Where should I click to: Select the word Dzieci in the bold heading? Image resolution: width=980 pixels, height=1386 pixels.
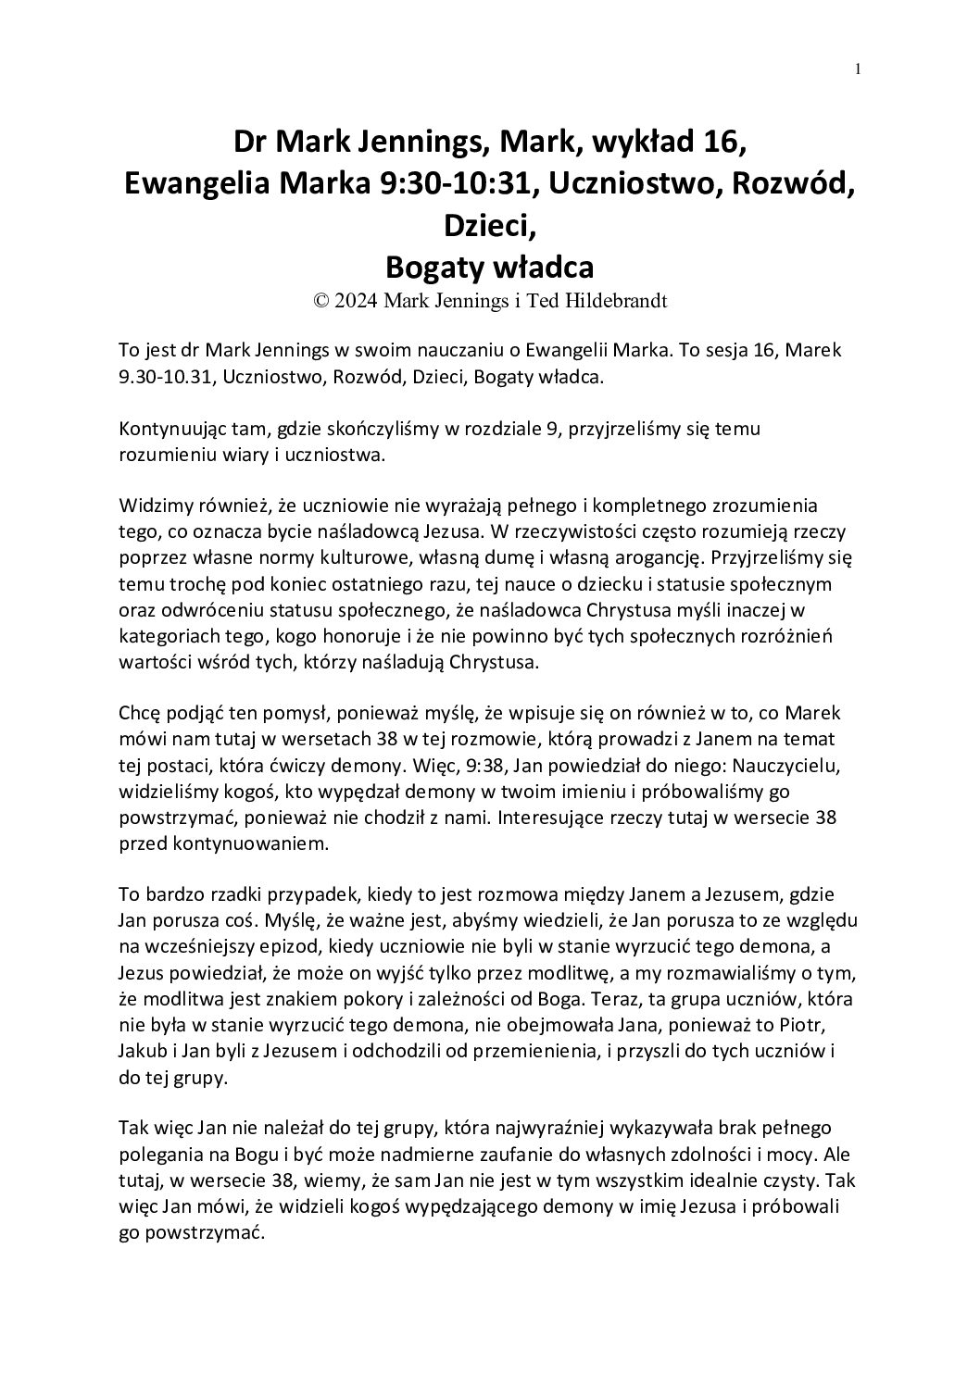point(489,226)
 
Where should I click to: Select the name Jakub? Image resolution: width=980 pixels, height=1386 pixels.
point(142,1052)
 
